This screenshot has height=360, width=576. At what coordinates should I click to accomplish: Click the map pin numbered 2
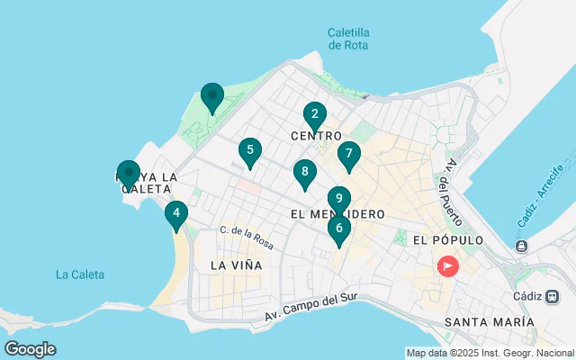click(314, 114)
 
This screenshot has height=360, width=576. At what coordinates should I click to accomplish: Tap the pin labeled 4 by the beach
click(176, 214)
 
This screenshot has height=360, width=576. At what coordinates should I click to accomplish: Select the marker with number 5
click(250, 150)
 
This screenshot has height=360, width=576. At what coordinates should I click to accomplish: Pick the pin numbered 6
click(338, 229)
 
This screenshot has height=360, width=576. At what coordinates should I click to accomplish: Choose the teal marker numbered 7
click(348, 154)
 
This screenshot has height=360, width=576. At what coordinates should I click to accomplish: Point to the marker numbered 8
click(305, 172)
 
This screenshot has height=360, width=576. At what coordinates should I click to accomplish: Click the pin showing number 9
click(338, 199)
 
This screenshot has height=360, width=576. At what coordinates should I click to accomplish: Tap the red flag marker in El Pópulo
click(447, 266)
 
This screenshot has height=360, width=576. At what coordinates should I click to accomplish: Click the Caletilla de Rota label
click(348, 39)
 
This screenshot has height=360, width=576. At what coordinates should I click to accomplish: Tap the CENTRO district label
click(315, 135)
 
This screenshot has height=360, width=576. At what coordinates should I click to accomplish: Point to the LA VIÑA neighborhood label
click(236, 265)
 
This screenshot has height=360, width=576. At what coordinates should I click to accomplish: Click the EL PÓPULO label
click(447, 241)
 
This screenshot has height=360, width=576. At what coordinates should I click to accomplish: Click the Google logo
click(30, 349)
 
